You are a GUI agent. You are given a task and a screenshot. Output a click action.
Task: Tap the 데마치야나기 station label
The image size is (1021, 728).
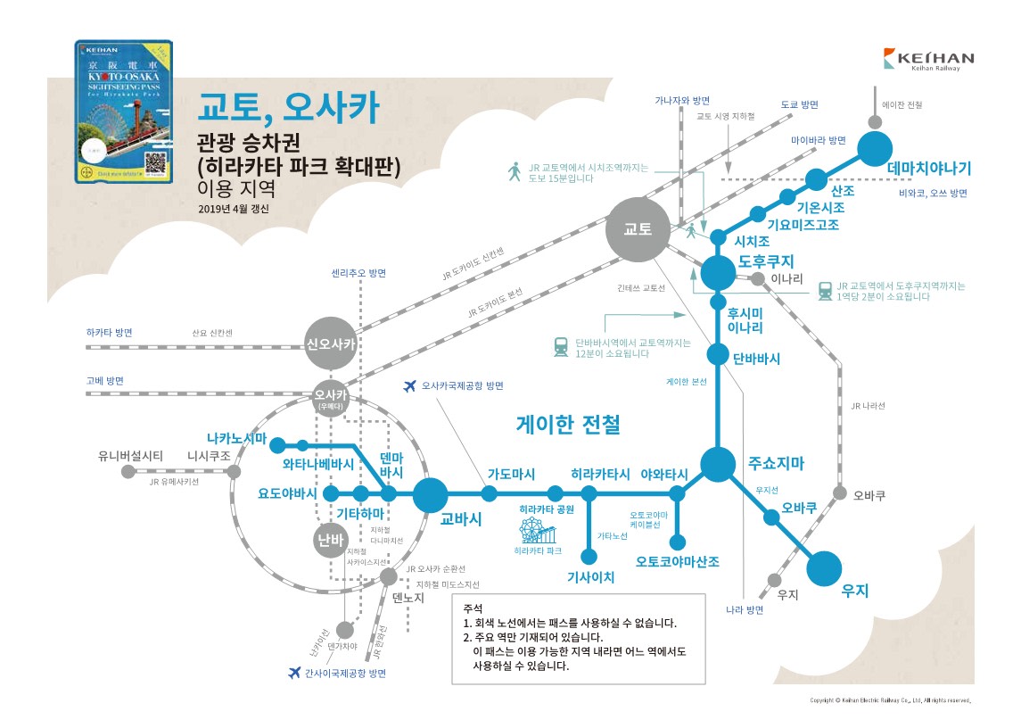coord(928,169)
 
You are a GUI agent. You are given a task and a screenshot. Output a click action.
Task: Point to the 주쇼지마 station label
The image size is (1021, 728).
coord(777,463)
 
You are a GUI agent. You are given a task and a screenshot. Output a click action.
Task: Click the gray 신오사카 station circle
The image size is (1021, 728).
coord(325,343)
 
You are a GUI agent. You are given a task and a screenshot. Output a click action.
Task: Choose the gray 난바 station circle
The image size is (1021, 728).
coord(329,540)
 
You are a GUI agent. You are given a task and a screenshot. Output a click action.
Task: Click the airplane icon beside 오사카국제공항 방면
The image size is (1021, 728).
coord(410,386)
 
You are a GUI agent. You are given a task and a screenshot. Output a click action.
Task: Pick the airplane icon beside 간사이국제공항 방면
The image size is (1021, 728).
coord(295,673)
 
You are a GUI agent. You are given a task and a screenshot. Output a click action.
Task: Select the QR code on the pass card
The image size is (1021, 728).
coord(157,163)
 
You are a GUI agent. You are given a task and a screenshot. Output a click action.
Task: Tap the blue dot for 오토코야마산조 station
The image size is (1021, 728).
coord(678,542)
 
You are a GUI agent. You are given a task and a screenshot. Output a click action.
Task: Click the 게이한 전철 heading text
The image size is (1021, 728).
coord(568,425)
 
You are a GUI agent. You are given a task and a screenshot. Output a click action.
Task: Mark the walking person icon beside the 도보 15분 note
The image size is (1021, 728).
coord(514,171)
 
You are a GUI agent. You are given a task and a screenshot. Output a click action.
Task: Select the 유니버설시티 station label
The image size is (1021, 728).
coord(130,455)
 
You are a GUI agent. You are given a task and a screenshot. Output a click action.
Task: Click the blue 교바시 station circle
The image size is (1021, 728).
coord(431,493)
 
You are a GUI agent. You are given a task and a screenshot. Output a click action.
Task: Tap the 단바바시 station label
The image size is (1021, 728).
coord(756,358)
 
